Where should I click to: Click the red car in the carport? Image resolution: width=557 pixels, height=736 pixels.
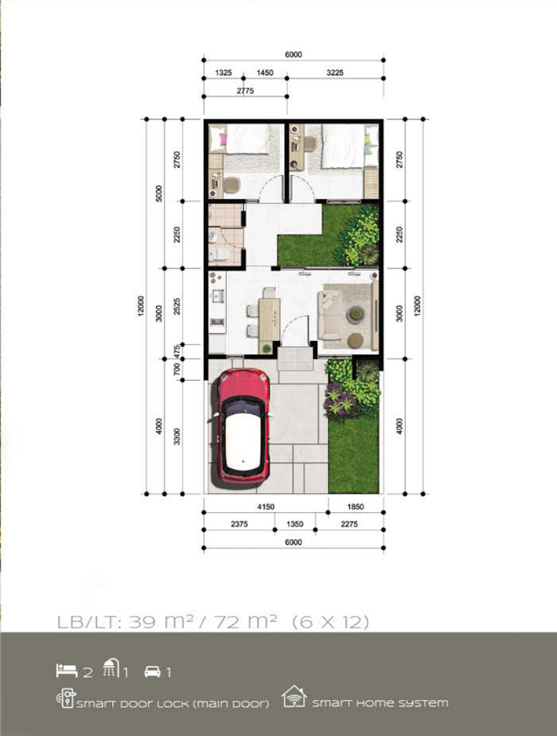point(242,426)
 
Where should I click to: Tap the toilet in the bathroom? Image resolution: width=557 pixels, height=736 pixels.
point(220,255)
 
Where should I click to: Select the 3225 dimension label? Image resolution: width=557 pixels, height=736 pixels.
point(335,72)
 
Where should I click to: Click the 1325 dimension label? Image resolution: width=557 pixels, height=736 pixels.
point(223,72)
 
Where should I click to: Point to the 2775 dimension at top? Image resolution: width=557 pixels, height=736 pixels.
point(245,91)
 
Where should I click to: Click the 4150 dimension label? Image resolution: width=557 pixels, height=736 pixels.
point(266,507)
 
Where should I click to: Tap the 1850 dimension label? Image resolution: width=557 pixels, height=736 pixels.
point(356,507)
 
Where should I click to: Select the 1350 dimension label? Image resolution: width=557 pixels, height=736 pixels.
point(294,524)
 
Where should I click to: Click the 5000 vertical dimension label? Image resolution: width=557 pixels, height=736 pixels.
point(159,194)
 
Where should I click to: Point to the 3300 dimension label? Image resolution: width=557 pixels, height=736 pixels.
point(177,437)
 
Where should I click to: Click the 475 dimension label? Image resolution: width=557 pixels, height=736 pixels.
point(177,351)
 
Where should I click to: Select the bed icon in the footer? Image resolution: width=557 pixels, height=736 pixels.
point(67,671)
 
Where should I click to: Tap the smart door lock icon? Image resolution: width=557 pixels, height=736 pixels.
point(65,699)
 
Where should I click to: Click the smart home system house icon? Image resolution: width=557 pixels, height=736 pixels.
point(294,696)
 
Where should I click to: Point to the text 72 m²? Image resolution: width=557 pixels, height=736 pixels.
point(245,621)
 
